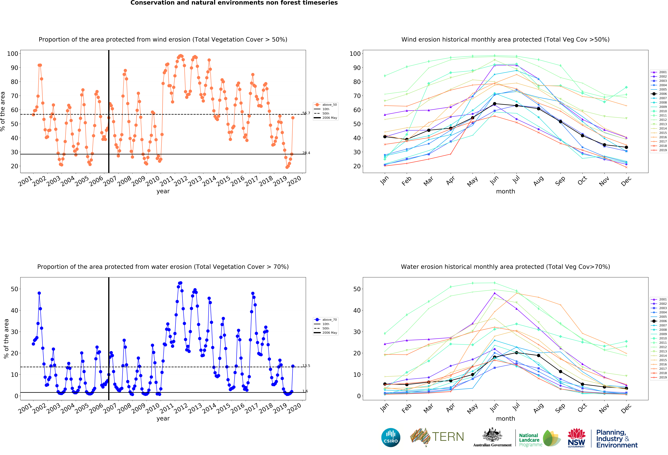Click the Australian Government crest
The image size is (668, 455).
(x=492, y=435)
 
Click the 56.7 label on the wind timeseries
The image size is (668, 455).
(x=306, y=113)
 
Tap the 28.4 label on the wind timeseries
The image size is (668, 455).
(x=306, y=153)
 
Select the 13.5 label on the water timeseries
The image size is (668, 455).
(x=306, y=366)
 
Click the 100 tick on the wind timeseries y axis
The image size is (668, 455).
(x=13, y=54)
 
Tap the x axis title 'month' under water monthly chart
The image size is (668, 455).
(x=505, y=419)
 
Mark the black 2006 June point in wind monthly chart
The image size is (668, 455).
(x=494, y=104)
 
